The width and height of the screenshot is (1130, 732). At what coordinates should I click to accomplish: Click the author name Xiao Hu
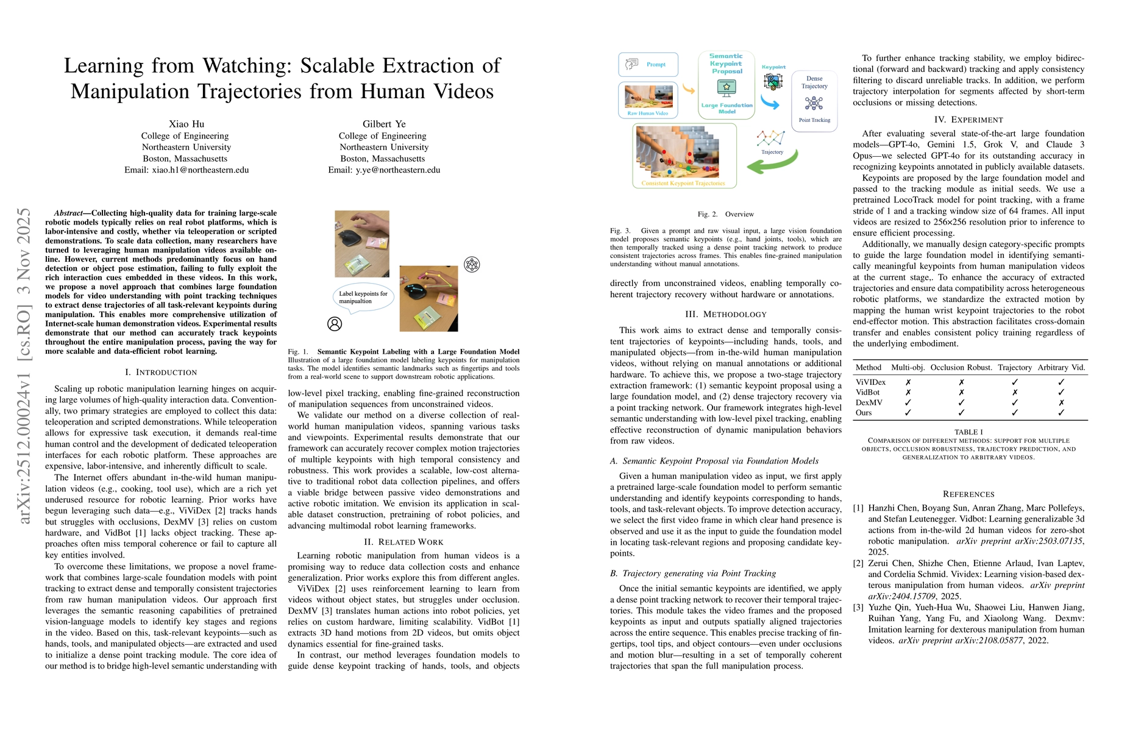pyautogui.click(x=187, y=124)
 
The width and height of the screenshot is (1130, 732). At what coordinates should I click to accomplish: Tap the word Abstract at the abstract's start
pyautogui.click(x=68, y=213)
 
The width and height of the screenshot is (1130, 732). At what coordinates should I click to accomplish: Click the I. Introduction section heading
pyautogui.click(x=161, y=372)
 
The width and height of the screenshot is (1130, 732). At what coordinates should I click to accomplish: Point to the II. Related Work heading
pyautogui.click(x=403, y=542)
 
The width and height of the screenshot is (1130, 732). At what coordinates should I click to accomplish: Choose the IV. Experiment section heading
pyautogui.click(x=968, y=120)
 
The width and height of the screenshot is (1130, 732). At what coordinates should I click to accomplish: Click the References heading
pyautogui.click(x=968, y=494)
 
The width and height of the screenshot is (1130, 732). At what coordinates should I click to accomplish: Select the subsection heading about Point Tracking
pyautogui.click(x=693, y=573)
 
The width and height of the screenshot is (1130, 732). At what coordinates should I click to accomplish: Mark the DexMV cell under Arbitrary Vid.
pyautogui.click(x=1061, y=403)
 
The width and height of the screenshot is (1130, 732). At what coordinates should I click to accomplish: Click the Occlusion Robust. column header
pyautogui.click(x=961, y=367)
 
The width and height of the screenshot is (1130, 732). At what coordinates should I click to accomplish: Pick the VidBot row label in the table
pyautogui.click(x=867, y=392)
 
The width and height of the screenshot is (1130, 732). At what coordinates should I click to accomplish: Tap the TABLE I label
pyautogui.click(x=968, y=432)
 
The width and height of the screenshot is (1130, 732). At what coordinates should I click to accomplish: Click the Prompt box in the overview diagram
pyautogui.click(x=648, y=64)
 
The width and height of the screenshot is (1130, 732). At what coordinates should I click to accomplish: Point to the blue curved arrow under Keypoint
pyautogui.click(x=770, y=103)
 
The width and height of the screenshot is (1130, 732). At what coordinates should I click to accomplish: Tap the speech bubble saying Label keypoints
pyautogui.click(x=363, y=297)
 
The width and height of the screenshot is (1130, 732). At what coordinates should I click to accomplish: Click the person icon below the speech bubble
pyautogui.click(x=335, y=324)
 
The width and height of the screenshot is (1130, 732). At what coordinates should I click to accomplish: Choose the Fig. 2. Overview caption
pyautogui.click(x=725, y=214)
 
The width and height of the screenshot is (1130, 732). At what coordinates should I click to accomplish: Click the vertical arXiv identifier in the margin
pyautogui.click(x=24, y=366)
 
